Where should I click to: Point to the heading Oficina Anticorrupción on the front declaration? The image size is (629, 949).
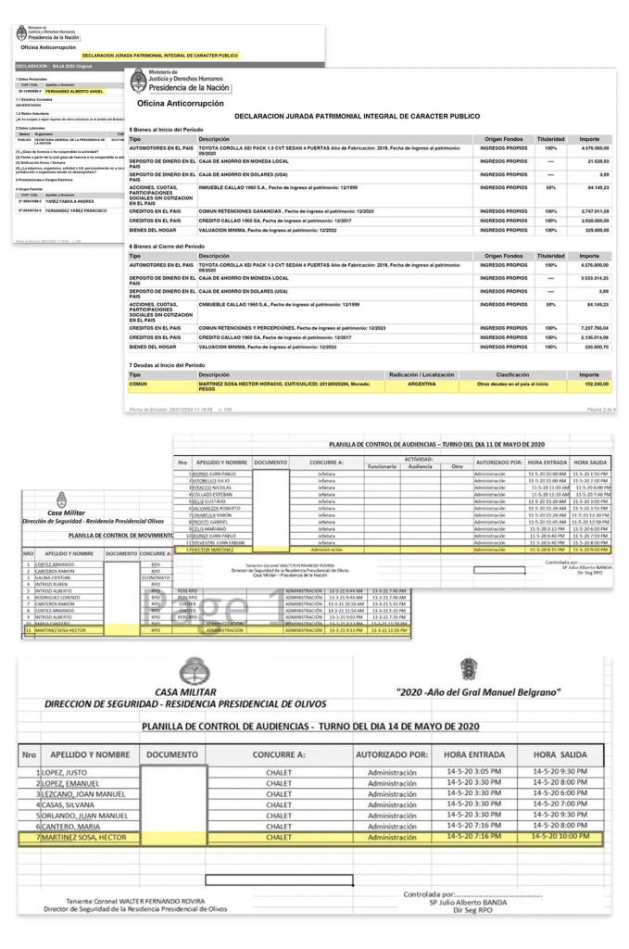point(176,103)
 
